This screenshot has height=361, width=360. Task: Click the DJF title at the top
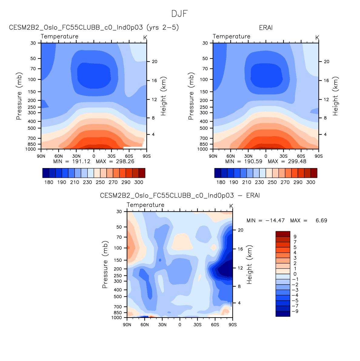(x=179, y=14)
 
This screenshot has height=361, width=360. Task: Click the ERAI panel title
(x=266, y=28)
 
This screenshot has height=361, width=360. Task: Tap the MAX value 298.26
(x=125, y=161)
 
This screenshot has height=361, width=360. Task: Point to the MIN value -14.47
(x=275, y=221)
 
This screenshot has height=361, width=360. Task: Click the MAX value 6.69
(x=321, y=221)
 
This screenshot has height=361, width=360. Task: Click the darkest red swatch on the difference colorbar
(x=283, y=234)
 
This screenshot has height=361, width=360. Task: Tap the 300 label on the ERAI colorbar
(x=311, y=182)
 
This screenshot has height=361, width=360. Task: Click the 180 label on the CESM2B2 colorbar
(x=49, y=182)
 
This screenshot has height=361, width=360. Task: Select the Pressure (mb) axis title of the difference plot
(x=105, y=265)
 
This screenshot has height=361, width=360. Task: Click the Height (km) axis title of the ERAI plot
(x=335, y=96)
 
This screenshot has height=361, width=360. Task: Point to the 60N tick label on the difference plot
(x=145, y=325)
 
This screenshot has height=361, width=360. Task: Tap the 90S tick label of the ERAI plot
(x=318, y=156)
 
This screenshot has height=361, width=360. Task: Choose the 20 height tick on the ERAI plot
(x=326, y=62)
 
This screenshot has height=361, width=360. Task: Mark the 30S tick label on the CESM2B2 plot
(x=111, y=156)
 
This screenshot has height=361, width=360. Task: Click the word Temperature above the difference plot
(x=145, y=205)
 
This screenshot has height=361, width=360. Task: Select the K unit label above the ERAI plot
(x=317, y=38)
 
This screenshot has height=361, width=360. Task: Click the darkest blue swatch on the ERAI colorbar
(x=218, y=173)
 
